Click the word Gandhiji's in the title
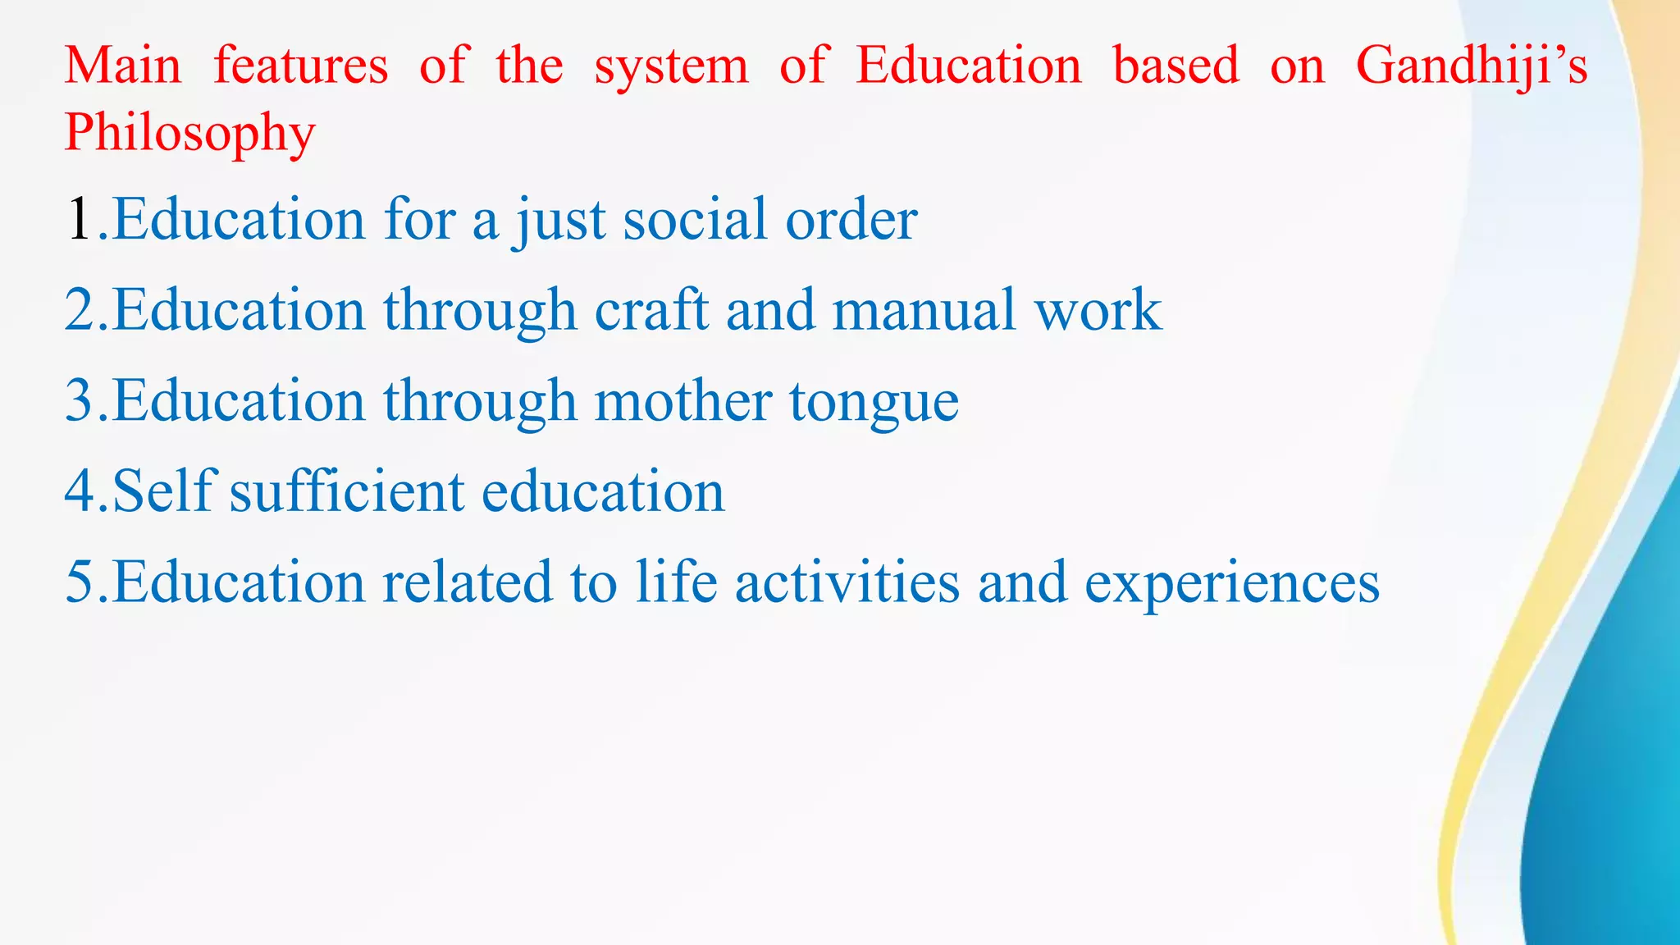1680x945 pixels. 1472,66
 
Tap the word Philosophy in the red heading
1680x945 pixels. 189,133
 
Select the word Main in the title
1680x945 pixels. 123,66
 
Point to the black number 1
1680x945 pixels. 79,220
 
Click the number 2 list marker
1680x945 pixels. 80,310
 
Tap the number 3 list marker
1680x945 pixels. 80,401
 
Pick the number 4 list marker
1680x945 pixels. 80,491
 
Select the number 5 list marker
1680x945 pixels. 80,582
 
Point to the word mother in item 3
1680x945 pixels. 682,401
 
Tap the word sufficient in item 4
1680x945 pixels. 347,491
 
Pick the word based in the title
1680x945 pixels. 1176,66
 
